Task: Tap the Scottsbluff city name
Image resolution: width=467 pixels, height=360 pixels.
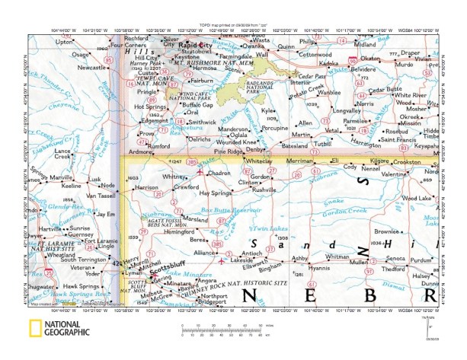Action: pos(165,268)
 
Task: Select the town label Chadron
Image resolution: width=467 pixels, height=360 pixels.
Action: pos(219,174)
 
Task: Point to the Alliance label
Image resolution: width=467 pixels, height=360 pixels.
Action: pos(203,252)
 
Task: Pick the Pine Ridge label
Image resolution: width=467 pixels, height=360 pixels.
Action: pos(227,152)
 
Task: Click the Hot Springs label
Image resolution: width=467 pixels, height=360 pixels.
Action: pos(150,107)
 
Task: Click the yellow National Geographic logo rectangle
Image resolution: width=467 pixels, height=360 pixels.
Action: pos(34,329)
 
